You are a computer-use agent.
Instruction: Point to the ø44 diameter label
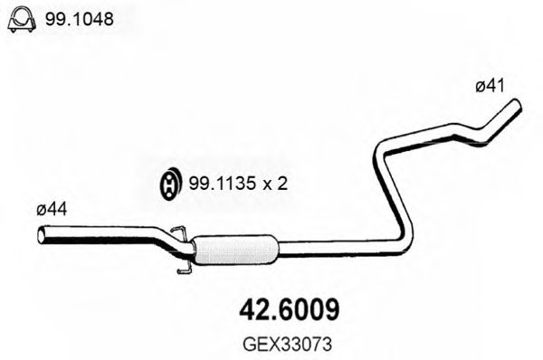(x=52, y=210)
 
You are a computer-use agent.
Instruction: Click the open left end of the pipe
(x=42, y=237)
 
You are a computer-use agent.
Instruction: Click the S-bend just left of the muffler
(x=167, y=241)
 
